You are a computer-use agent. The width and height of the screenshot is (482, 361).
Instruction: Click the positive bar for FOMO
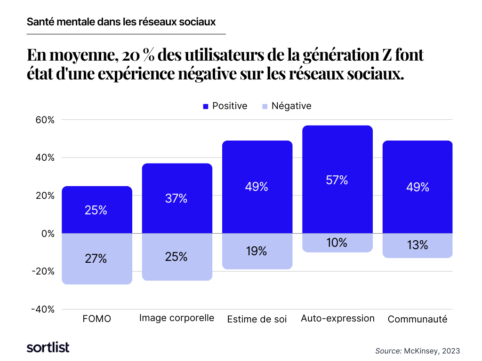pyautogui.click(x=97, y=210)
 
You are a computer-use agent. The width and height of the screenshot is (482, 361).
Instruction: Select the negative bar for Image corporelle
pyautogui.click(x=177, y=257)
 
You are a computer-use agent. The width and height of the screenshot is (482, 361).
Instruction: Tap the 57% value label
pyautogui.click(x=337, y=180)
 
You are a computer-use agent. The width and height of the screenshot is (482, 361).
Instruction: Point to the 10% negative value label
pyautogui.click(x=337, y=243)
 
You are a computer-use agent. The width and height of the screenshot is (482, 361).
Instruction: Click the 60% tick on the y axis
pyautogui.click(x=45, y=120)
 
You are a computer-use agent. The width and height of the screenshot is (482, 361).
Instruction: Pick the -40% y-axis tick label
pyautogui.click(x=43, y=309)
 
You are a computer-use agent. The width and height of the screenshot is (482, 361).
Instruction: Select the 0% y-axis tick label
pyautogui.click(x=48, y=234)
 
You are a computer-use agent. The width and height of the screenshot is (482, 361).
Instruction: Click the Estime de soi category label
pyautogui.click(x=257, y=319)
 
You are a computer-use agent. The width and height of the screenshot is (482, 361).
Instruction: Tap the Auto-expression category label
pyautogui.click(x=337, y=318)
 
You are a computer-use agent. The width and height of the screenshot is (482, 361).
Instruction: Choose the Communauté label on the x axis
pyautogui.click(x=418, y=319)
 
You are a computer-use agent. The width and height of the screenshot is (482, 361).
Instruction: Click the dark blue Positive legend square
pyautogui.click(x=206, y=107)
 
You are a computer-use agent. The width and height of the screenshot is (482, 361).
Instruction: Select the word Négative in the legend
pyautogui.click(x=291, y=106)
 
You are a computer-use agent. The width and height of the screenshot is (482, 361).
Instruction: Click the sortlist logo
pyautogui.click(x=48, y=347)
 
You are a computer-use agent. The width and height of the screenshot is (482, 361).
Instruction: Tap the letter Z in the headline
pyautogui.click(x=387, y=55)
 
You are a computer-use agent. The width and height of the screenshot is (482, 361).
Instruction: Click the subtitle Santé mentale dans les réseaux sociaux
pyautogui.click(x=121, y=22)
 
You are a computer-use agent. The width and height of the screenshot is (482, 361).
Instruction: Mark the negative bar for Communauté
pyautogui.click(x=418, y=245)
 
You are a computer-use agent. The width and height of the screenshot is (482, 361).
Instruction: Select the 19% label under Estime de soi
pyautogui.click(x=257, y=251)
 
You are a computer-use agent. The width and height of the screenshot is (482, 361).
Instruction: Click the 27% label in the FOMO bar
pyautogui.click(x=96, y=259)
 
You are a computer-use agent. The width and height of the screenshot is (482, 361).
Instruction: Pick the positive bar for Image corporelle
pyautogui.click(x=177, y=198)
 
